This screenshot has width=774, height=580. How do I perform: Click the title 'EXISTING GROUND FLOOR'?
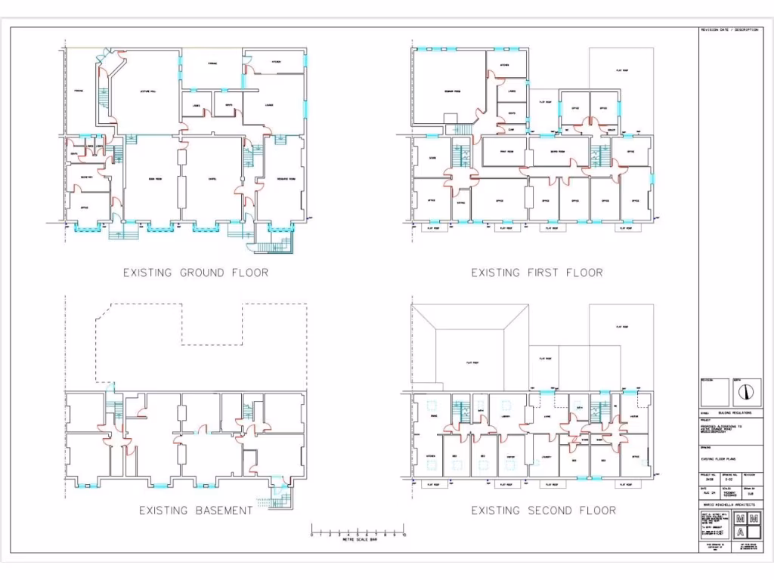(196, 273)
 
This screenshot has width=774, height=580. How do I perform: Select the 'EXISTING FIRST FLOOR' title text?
(537, 273)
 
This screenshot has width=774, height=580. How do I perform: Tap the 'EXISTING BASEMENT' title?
(196, 511)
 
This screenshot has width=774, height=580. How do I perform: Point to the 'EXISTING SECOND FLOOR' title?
(543, 511)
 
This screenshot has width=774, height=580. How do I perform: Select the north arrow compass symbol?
(747, 391)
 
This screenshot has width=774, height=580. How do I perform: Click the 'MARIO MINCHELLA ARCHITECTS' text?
(730, 504)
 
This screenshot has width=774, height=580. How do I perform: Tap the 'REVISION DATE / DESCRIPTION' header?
(729, 30)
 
